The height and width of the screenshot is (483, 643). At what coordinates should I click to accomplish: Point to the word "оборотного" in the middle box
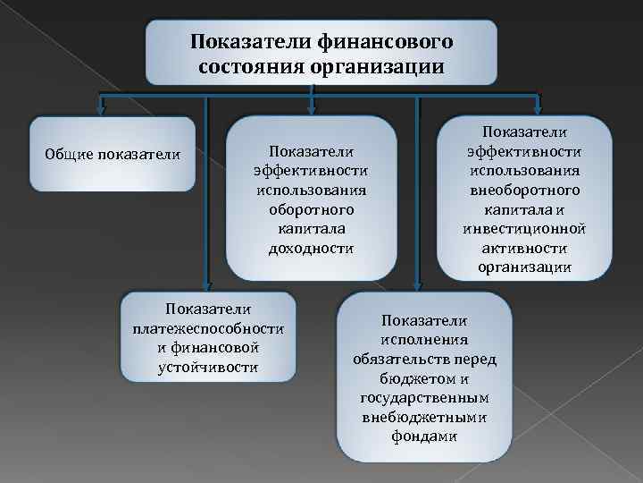click(x=311, y=208)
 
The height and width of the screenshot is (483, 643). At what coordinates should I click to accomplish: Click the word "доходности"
click(x=311, y=248)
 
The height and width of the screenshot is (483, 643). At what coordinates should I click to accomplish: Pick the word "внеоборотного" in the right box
click(x=524, y=190)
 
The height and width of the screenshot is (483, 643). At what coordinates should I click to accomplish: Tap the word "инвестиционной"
click(x=524, y=228)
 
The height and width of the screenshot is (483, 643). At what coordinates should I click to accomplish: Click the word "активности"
click(x=524, y=248)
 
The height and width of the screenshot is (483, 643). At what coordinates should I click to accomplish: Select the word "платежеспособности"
click(x=208, y=327)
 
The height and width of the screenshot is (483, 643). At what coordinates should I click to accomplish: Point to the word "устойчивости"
click(x=208, y=367)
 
